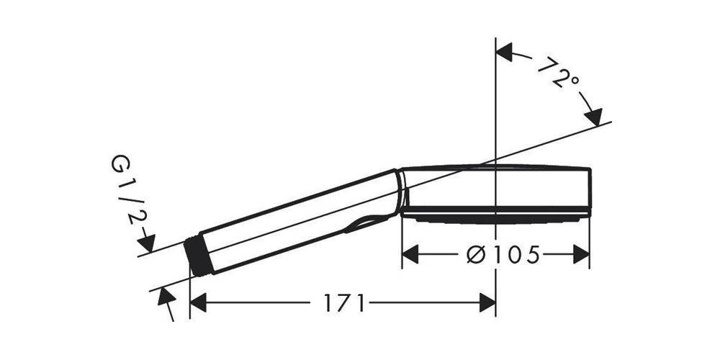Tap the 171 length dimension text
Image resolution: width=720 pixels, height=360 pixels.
[x=344, y=303]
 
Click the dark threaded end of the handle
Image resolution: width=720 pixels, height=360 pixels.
[x=199, y=257]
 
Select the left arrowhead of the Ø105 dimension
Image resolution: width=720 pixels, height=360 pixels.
[x=410, y=254]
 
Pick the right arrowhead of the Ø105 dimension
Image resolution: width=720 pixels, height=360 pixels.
[x=581, y=254]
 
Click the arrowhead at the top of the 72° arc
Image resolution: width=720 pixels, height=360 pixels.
[x=505, y=52]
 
